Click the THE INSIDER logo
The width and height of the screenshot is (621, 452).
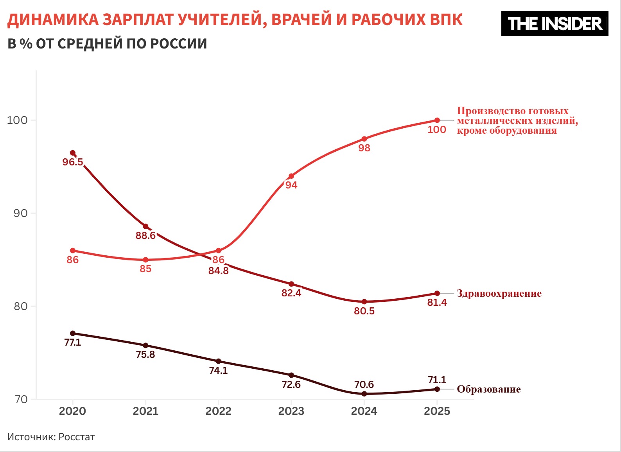click(555, 24)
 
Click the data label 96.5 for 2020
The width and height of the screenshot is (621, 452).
click(73, 162)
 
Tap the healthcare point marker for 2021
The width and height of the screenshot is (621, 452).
click(145, 226)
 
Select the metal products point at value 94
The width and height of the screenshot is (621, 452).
click(291, 176)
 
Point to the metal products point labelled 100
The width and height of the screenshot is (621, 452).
click(437, 120)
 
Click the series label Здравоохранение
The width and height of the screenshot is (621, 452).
click(499, 294)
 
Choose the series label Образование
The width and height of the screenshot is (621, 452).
click(488, 389)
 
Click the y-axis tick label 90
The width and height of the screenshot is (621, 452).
click(21, 213)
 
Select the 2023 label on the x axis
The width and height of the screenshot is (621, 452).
click(291, 411)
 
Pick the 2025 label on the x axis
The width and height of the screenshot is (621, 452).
click(437, 411)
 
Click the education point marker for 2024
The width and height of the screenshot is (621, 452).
click(364, 394)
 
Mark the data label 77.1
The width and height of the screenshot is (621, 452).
click(73, 343)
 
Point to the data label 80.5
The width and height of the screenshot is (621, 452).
click(364, 311)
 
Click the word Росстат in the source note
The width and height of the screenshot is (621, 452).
click(77, 437)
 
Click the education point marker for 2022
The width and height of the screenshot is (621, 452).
click(218, 361)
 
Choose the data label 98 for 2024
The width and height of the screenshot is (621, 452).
click(364, 148)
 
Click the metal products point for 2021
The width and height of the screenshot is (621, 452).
click(145, 260)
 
